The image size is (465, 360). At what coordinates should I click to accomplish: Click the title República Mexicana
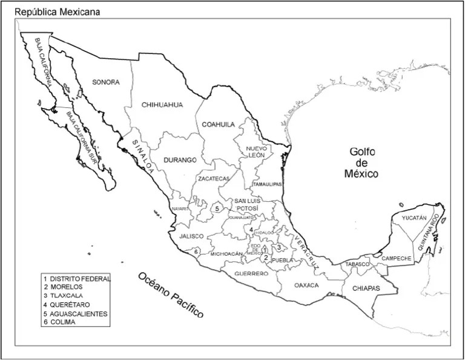pyautogui.click(x=58, y=12)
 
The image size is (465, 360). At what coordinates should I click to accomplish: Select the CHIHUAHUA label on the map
pyautogui.click(x=162, y=104)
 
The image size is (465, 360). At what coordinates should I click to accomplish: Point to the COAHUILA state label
pyautogui.click(x=218, y=124)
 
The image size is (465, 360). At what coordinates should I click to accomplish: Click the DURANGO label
pyautogui.click(x=180, y=161)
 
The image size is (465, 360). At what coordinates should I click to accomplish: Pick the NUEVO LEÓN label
pyautogui.click(x=256, y=152)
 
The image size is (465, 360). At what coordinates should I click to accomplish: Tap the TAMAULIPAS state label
pyautogui.click(x=267, y=184)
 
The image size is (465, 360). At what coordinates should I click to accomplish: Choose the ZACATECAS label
pyautogui.click(x=213, y=179)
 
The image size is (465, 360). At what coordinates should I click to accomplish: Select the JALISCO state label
pyautogui.click(x=191, y=236)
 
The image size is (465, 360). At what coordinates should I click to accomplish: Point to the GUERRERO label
pyautogui.click(x=248, y=274)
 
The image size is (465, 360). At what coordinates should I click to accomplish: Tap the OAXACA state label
pyautogui.click(x=306, y=285)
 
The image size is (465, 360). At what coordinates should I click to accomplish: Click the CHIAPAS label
pyautogui.click(x=366, y=288)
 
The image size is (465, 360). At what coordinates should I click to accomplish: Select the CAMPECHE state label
pyautogui.click(x=397, y=258)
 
